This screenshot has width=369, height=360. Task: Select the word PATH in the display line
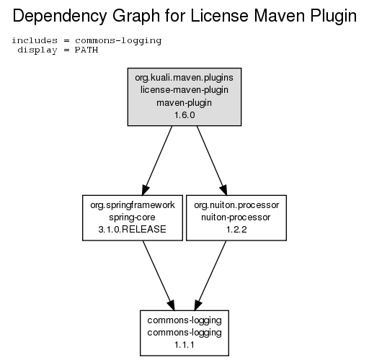click(x=86, y=50)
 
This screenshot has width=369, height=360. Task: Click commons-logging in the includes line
click(x=118, y=41)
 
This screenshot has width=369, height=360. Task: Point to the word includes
click(x=35, y=40)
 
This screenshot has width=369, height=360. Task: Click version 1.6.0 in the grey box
click(x=184, y=115)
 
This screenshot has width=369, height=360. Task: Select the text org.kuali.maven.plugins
click(x=184, y=78)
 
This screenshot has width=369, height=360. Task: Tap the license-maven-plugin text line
click(x=184, y=90)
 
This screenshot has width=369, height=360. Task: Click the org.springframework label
click(x=133, y=205)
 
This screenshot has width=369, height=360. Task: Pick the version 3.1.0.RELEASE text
click(x=133, y=230)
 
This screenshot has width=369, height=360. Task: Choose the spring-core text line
click(x=132, y=217)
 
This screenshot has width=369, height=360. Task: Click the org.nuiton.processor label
click(x=236, y=205)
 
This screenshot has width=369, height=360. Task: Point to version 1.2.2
click(x=236, y=230)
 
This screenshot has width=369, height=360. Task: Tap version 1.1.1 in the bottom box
click(x=184, y=345)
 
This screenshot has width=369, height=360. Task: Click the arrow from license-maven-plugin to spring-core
click(x=157, y=161)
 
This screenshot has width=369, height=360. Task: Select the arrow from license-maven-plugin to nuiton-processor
click(x=212, y=161)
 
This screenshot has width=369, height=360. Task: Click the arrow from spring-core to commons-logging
click(x=159, y=275)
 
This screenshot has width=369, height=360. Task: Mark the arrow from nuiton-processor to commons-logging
click(x=210, y=275)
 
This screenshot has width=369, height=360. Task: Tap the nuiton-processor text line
click(x=236, y=217)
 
